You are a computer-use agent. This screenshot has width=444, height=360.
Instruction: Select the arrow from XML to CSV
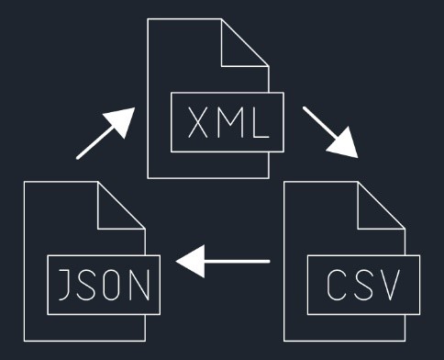point(329,132)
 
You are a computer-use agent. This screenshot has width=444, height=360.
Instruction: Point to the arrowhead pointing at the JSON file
point(189,264)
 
